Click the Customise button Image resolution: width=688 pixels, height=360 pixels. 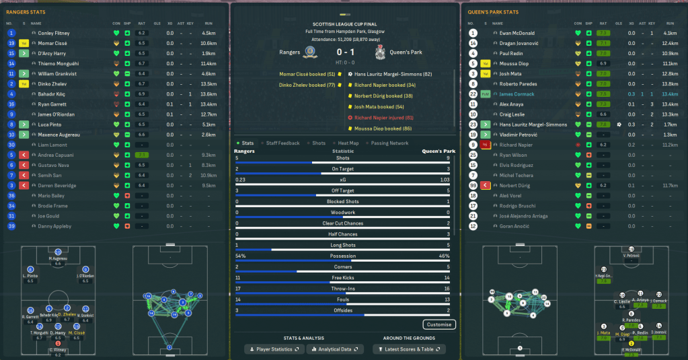440,324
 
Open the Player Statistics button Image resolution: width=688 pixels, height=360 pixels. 275,349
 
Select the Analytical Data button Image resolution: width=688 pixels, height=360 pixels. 335,349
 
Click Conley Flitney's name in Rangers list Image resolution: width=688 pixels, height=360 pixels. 54,33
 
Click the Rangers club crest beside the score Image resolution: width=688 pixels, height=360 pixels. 310,52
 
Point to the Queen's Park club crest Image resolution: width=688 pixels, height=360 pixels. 381,52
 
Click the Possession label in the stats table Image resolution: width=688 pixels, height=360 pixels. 344,256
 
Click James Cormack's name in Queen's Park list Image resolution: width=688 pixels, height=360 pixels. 517,94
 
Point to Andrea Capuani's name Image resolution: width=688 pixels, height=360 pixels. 55,155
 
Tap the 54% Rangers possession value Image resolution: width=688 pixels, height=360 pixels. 241,256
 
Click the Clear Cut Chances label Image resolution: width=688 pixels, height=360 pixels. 344,223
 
